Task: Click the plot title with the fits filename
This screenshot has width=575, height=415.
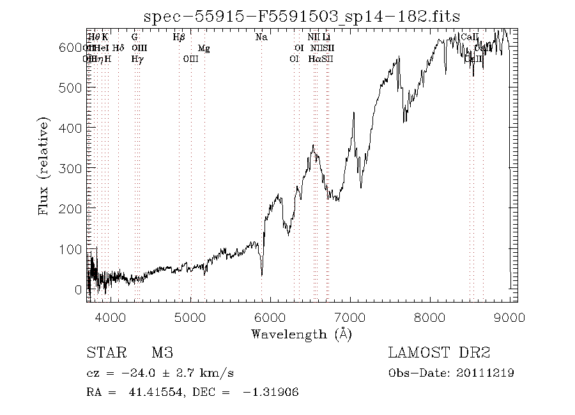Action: (302, 17)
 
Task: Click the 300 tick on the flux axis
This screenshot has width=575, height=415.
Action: (72, 168)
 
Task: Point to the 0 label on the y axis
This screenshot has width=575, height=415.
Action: (78, 290)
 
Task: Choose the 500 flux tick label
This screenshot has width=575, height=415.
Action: (72, 87)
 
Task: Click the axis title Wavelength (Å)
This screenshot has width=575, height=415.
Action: (302, 333)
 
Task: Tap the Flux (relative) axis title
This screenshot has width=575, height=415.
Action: (44, 166)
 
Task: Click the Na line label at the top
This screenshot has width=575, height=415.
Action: (261, 38)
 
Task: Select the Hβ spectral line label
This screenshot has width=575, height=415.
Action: (179, 38)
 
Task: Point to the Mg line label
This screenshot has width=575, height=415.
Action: (203, 49)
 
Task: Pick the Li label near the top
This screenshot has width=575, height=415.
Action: (326, 38)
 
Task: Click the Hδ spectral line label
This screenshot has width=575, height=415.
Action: (118, 49)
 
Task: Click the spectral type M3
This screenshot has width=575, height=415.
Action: (162, 353)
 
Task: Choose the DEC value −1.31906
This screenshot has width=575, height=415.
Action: (271, 392)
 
